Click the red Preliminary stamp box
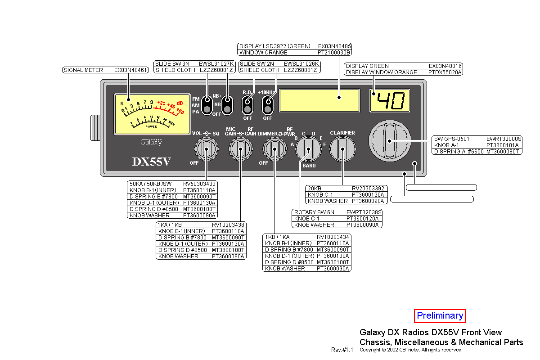pos(440,316)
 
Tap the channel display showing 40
pos(390,100)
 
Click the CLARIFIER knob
pos(342,149)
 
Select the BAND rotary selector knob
pos(308,148)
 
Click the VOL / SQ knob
pos(206,149)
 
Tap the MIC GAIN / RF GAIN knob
pos(240,149)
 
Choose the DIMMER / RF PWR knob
pos(274,149)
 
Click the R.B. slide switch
pos(247,105)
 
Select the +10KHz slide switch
pos(268,105)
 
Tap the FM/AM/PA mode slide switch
pos(207,105)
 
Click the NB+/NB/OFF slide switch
pos(227,105)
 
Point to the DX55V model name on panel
pos(151,162)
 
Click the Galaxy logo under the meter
pos(151,142)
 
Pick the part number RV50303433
pos(199,184)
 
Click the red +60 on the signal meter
pos(180,111)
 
